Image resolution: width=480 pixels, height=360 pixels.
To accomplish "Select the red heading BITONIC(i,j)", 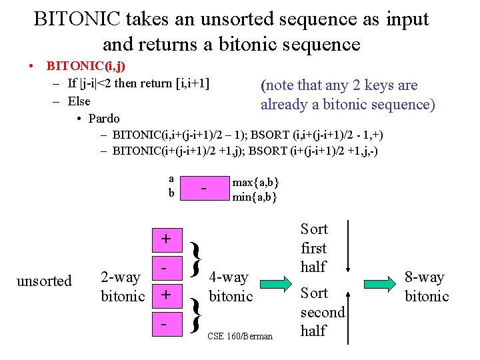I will (x=86, y=67).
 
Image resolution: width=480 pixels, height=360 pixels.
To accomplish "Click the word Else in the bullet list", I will (x=79, y=101).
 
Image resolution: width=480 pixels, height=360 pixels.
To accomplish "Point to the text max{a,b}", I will (x=255, y=183).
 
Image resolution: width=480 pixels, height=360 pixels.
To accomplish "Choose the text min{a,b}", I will (x=255, y=197).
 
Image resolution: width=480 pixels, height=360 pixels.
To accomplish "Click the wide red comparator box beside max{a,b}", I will (x=204, y=190).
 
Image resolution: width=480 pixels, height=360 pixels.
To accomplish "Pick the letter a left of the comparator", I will (x=171, y=179).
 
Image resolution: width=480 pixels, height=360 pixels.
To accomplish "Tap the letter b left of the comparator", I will (x=171, y=193).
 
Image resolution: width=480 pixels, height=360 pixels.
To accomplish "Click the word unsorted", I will (x=44, y=281).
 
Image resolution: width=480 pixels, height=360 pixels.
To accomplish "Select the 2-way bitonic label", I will (x=122, y=287).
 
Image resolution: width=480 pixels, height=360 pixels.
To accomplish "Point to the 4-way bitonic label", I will (x=231, y=287).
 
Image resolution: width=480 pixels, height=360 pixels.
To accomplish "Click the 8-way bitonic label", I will (x=427, y=287).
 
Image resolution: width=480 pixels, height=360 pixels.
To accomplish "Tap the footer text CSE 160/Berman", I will (x=240, y=336).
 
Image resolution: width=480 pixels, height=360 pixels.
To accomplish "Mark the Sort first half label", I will (x=314, y=248).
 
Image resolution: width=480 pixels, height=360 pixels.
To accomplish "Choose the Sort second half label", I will (x=323, y=311).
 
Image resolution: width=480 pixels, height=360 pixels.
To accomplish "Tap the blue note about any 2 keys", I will (x=347, y=95).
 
